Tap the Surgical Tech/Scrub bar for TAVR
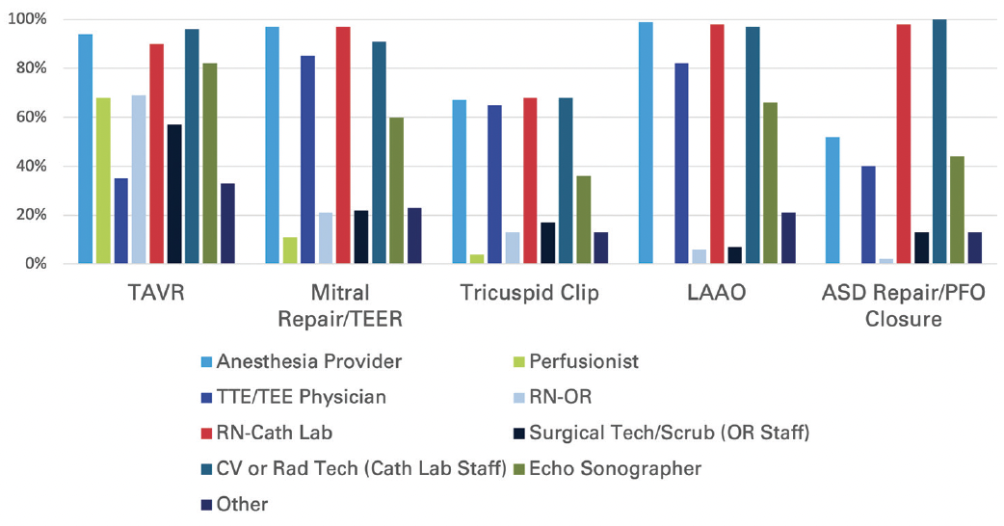(173, 194)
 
